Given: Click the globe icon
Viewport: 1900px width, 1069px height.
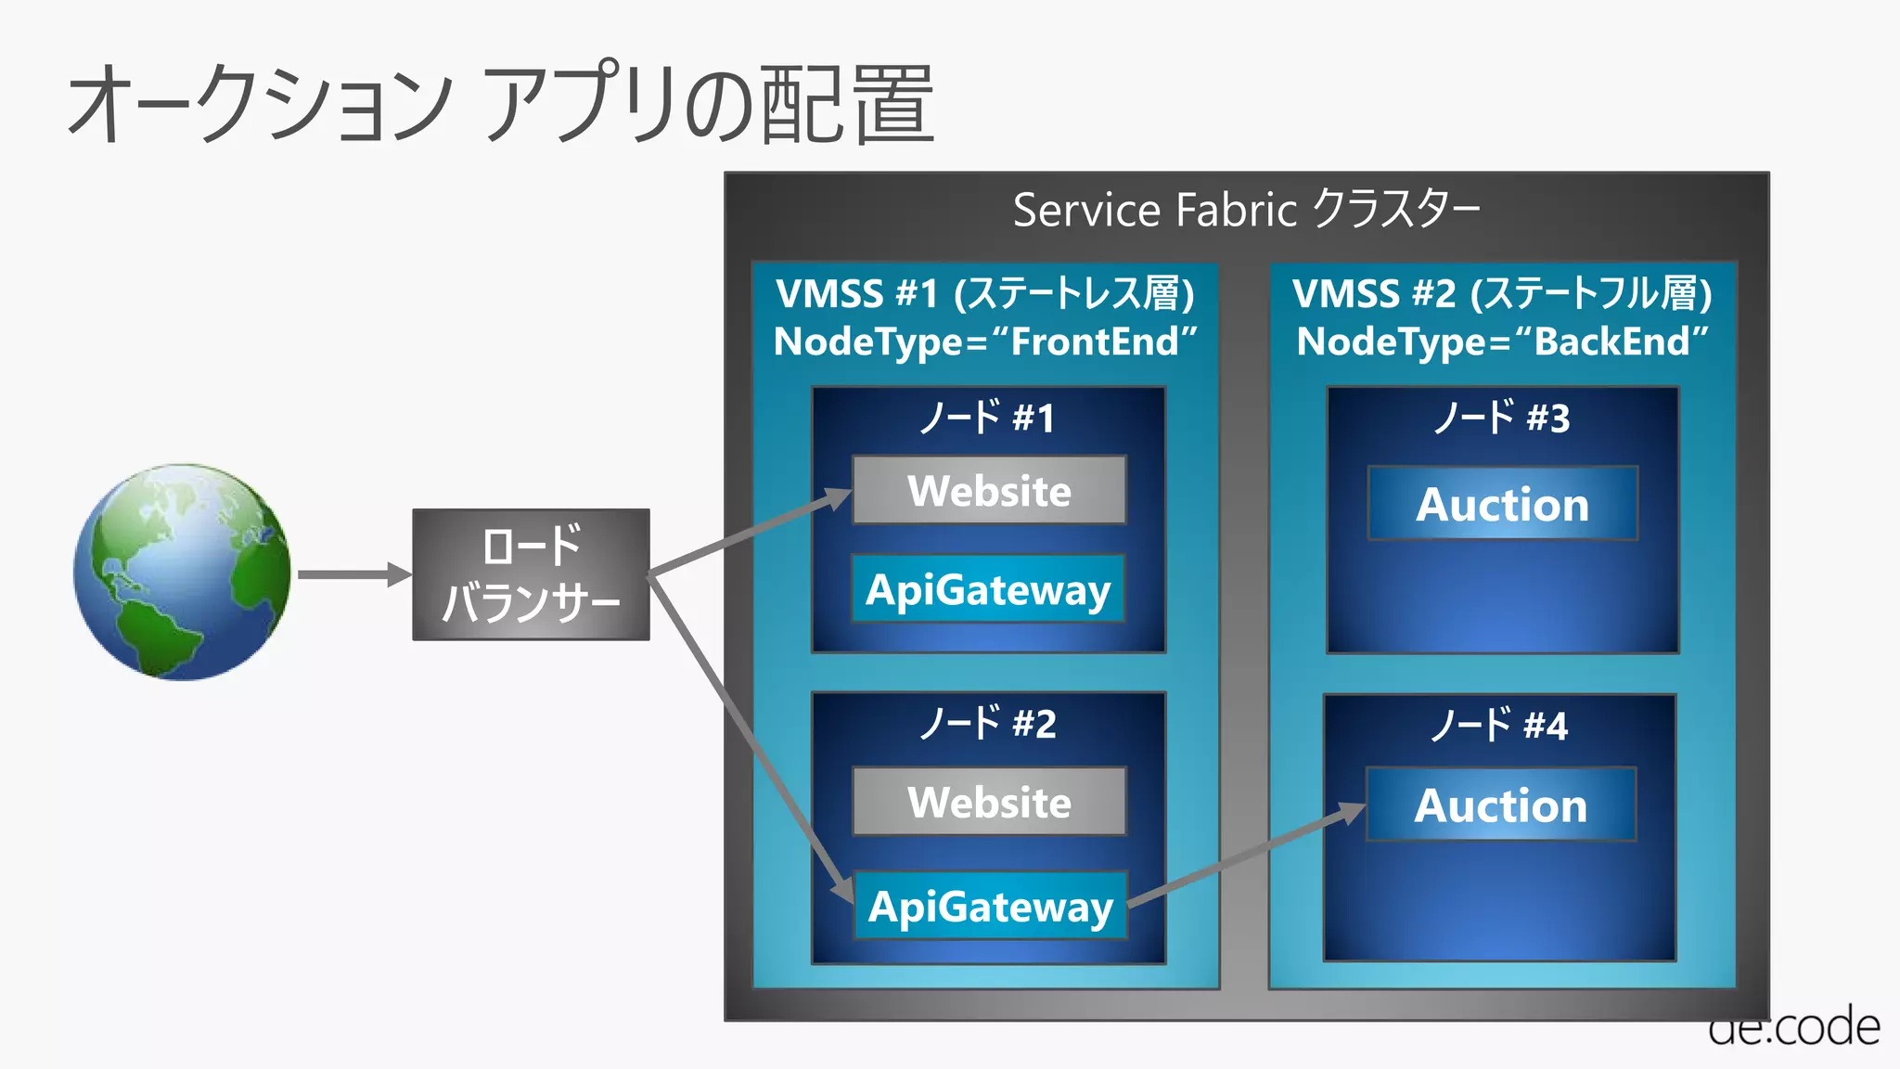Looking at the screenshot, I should [x=183, y=573].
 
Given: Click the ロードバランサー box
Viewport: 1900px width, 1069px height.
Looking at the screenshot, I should [x=531, y=574].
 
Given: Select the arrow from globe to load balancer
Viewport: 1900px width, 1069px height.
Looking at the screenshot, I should [x=353, y=574].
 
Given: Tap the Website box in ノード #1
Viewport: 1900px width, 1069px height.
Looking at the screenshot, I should [x=989, y=490].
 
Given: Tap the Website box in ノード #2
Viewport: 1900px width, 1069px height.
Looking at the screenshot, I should [x=989, y=802].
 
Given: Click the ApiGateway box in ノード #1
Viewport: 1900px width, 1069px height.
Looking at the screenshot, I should [x=988, y=589].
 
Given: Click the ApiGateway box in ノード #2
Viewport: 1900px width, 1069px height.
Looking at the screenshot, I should [x=990, y=906].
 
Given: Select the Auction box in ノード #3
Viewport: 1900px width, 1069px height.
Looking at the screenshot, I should [x=1502, y=504].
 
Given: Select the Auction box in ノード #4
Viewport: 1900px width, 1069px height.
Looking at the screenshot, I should [x=1500, y=805].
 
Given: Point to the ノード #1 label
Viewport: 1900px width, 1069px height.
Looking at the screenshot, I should [x=987, y=418].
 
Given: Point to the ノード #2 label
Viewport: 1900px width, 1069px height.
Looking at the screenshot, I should [x=987, y=724].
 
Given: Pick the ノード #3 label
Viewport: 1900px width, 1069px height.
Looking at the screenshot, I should [x=1502, y=418].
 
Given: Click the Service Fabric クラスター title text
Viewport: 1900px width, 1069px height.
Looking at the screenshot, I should [x=1246, y=210].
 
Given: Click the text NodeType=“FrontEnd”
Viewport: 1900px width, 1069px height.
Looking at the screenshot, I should [x=985, y=341].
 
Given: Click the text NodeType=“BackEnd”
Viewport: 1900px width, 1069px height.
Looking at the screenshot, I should [x=1502, y=341].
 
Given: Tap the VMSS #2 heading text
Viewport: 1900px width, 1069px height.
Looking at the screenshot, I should [x=1502, y=293].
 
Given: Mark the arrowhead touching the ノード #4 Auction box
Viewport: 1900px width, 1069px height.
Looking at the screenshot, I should [x=1351, y=814].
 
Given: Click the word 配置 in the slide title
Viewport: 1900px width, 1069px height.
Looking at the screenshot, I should [x=847, y=104].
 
